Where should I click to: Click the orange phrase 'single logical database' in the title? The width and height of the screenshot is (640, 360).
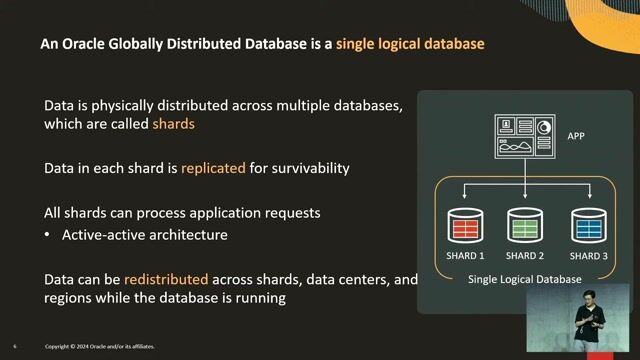(x=410, y=45)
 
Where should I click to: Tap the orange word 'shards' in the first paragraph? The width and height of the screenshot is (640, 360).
(x=173, y=125)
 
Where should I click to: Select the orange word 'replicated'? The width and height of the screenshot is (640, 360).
(x=213, y=168)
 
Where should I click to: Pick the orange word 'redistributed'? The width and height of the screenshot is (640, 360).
(x=153, y=280)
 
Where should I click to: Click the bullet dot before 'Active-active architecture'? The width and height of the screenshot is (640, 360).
(x=48, y=236)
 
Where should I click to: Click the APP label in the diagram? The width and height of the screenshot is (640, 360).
(x=576, y=135)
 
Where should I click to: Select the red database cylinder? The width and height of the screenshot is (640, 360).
(x=465, y=225)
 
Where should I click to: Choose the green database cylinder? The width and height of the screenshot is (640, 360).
(x=525, y=225)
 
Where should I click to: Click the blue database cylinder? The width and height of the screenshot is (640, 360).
(x=588, y=225)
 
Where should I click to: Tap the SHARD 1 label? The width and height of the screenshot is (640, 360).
(x=465, y=257)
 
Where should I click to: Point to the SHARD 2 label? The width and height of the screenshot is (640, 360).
(x=525, y=257)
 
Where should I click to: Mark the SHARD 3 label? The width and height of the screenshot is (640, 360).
(x=588, y=257)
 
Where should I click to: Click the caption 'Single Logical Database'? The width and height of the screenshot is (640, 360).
(x=525, y=280)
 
